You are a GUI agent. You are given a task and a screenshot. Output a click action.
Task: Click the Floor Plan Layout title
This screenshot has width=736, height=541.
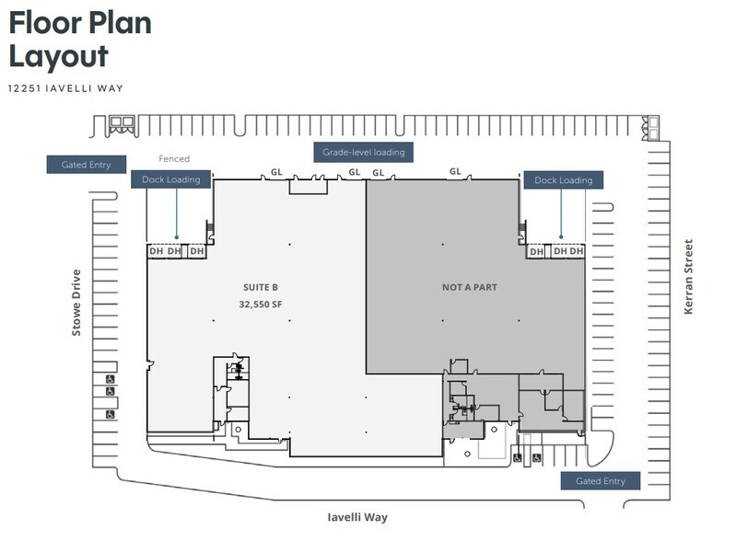80,40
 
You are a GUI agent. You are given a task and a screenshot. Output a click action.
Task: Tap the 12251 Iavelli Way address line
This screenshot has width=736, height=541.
65,88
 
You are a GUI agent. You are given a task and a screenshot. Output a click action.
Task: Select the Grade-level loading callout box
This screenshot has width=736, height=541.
363,153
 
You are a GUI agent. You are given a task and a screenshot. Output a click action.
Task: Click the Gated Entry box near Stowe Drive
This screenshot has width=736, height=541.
87,165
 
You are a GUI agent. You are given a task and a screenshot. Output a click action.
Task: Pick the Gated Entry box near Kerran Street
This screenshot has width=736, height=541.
601,481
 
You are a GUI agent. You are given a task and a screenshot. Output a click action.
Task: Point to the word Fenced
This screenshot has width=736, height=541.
174,158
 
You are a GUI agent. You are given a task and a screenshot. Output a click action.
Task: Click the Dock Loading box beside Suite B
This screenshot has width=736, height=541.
170,179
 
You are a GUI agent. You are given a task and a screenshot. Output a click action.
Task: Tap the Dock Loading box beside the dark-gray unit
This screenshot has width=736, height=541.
563,180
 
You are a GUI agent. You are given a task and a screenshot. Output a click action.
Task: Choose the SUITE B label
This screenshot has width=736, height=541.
261,287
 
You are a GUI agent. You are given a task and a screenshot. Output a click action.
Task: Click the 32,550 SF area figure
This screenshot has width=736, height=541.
261,305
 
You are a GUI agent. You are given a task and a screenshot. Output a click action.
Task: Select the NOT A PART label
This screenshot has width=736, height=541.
470,287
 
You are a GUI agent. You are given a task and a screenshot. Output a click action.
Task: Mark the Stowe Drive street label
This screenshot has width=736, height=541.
76,303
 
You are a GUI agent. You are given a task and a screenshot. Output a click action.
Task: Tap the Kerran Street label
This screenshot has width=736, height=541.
688,277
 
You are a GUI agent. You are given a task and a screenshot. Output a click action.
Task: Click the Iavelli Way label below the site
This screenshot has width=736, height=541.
357,517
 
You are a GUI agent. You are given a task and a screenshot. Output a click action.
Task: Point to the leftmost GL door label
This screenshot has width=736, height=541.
276,172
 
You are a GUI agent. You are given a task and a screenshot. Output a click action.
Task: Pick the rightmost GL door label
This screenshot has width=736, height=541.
455,171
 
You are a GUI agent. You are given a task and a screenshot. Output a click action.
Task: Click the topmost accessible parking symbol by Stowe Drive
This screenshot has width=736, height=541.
110,379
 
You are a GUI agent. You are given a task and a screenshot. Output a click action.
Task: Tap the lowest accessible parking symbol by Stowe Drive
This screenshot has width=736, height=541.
110,414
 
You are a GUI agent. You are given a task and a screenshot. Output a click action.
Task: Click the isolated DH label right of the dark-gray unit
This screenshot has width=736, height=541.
536,252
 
